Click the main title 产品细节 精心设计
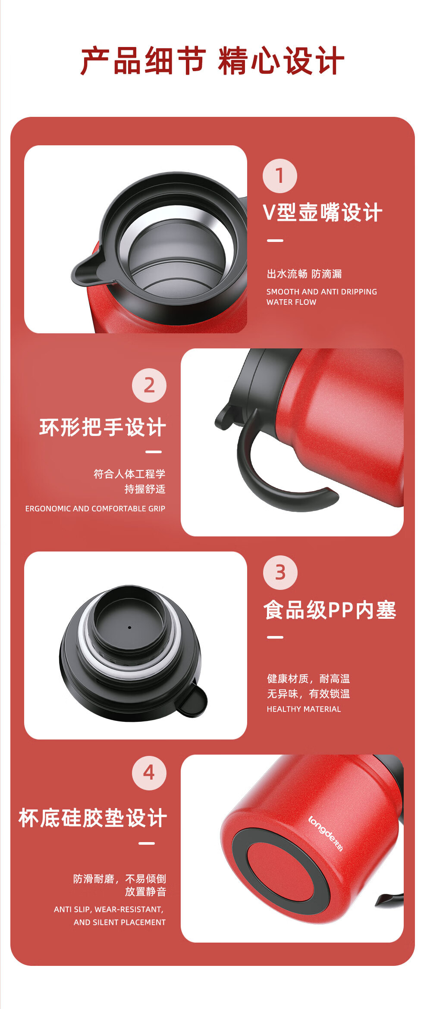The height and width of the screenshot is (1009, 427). (x=212, y=61)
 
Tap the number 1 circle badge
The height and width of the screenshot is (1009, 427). (x=280, y=176)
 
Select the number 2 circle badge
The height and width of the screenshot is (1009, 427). (x=149, y=385)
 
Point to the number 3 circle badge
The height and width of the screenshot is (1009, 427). (x=280, y=573)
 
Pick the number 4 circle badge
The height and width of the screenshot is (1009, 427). (x=149, y=773)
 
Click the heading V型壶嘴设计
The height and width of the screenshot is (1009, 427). (x=323, y=213)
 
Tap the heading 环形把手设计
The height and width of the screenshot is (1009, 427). (x=103, y=427)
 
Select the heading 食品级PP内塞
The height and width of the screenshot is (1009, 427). (x=330, y=610)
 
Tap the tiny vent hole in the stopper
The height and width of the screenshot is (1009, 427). (x=129, y=627)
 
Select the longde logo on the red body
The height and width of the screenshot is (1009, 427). (x=326, y=834)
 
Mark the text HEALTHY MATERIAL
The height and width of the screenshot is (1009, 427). (x=304, y=709)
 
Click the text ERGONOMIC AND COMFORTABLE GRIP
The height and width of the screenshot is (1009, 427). (x=95, y=509)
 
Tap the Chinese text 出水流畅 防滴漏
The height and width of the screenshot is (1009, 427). (x=305, y=274)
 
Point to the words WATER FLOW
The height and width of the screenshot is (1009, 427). (x=292, y=302)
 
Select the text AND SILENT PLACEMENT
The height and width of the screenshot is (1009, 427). (x=119, y=922)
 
